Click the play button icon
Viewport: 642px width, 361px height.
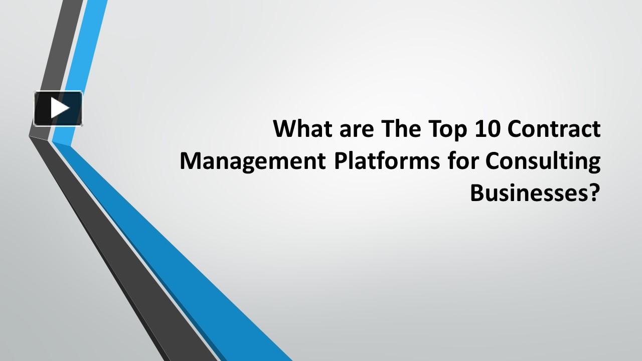pos(58,108)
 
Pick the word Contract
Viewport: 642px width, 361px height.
pos(554,129)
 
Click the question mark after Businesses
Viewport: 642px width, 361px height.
pos(594,193)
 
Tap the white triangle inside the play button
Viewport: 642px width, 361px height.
pos(60,108)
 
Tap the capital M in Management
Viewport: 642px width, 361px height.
pos(190,161)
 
